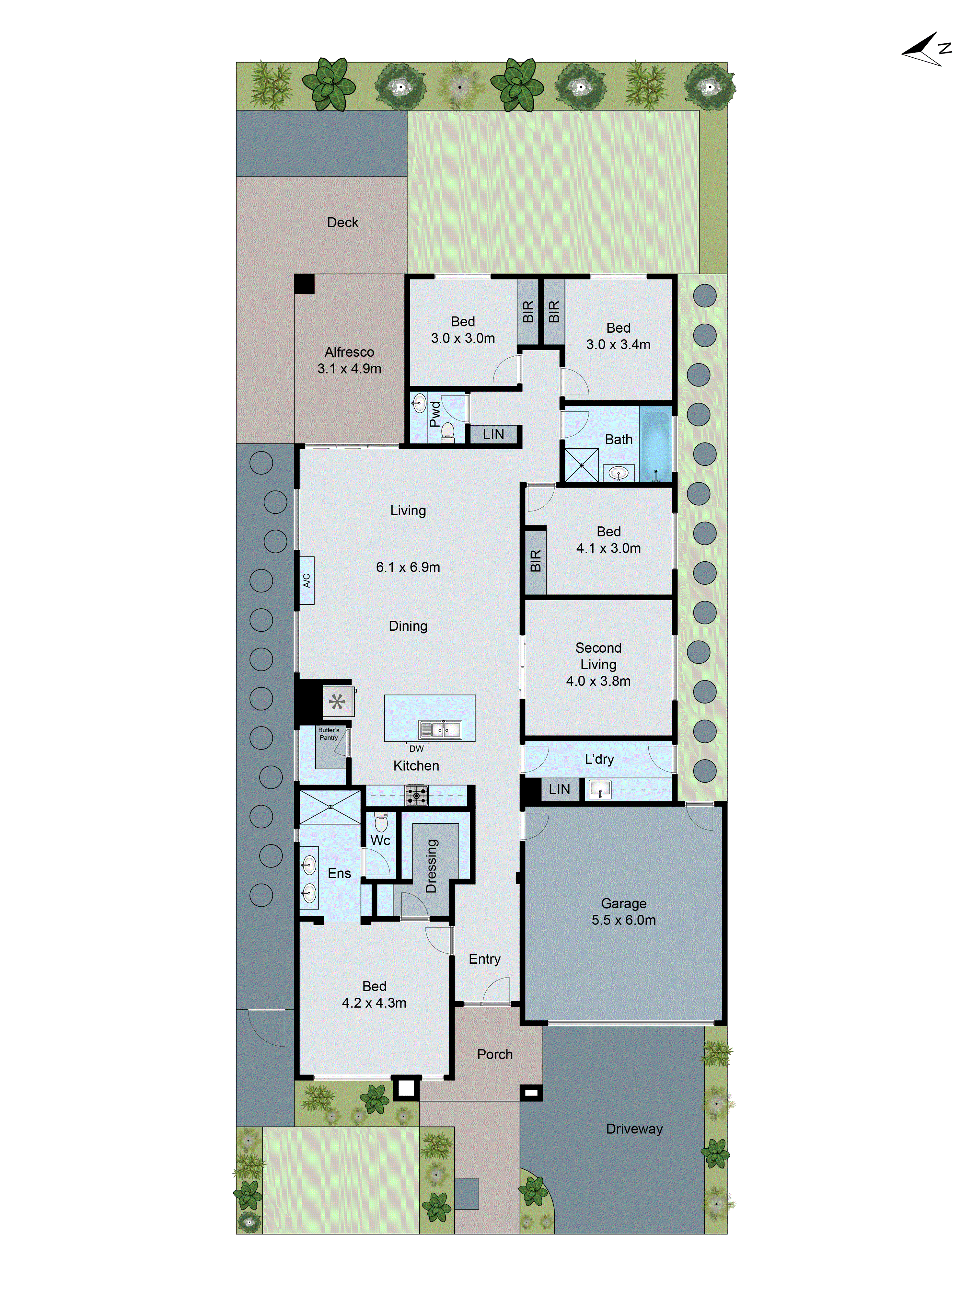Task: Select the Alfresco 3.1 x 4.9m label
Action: click(349, 360)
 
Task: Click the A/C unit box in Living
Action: click(307, 580)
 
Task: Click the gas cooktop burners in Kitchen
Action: click(417, 795)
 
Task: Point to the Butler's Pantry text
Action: click(329, 734)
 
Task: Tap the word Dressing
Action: click(431, 866)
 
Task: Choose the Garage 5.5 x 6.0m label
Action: click(623, 911)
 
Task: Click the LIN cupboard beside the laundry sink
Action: click(559, 789)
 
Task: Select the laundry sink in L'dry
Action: click(599, 789)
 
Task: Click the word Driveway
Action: click(634, 1129)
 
